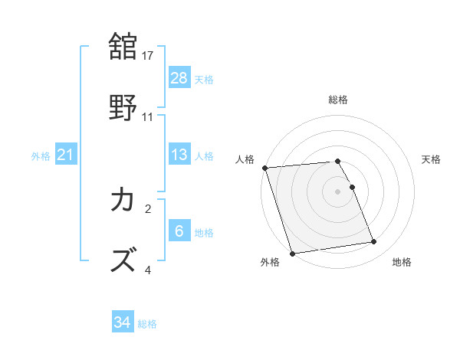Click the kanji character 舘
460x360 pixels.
click(x=123, y=46)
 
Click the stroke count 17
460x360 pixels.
click(x=149, y=56)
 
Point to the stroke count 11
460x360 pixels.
click(x=149, y=117)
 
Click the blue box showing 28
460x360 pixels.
click(x=179, y=78)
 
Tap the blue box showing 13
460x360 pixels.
click(x=179, y=155)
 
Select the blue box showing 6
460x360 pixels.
click(x=179, y=231)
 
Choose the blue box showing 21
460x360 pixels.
click(x=66, y=155)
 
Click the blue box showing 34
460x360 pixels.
click(x=123, y=323)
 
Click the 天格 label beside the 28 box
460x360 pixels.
click(x=204, y=79)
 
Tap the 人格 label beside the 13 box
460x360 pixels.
click(x=204, y=155)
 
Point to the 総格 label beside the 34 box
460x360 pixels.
click(x=147, y=324)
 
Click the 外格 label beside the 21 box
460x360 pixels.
click(x=41, y=156)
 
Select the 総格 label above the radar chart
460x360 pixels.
click(x=338, y=100)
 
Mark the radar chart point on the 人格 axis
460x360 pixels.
click(x=264, y=168)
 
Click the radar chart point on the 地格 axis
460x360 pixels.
click(x=374, y=242)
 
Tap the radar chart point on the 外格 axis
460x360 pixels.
click(x=291, y=253)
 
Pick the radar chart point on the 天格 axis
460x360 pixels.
click(x=353, y=187)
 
